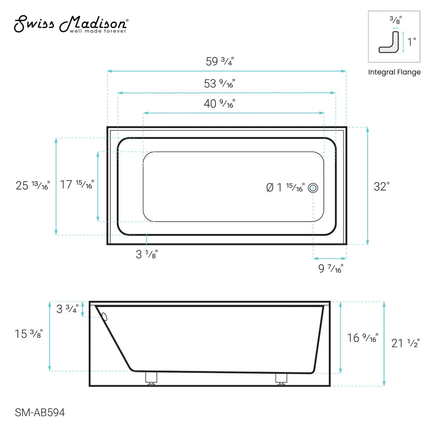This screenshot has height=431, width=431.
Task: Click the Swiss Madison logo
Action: [x=71, y=25]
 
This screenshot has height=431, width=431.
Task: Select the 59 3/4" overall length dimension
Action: [x=220, y=61]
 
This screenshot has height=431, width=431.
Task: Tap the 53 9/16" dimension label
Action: [x=219, y=84]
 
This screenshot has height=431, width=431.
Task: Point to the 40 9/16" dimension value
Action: [x=219, y=103]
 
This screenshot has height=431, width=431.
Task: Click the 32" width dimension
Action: [x=381, y=187]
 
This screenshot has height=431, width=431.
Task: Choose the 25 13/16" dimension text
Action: [x=33, y=186]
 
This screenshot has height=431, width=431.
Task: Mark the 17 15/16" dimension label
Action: [x=77, y=185]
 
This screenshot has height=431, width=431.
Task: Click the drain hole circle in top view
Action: [x=313, y=188]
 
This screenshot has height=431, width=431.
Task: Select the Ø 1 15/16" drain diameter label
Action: [x=285, y=187]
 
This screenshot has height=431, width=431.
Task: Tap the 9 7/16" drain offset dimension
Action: [x=331, y=269]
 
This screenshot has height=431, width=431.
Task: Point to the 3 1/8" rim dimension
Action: [x=147, y=254]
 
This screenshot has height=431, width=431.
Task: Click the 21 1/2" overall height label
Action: [x=405, y=344]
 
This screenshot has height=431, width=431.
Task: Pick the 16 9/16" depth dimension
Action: [x=362, y=338]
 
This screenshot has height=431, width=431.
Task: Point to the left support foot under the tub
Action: [x=150, y=378]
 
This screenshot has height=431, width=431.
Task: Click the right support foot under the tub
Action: [x=281, y=378]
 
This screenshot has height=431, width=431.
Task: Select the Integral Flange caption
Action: [x=394, y=72]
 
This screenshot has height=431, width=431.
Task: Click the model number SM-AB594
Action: [x=40, y=413]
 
